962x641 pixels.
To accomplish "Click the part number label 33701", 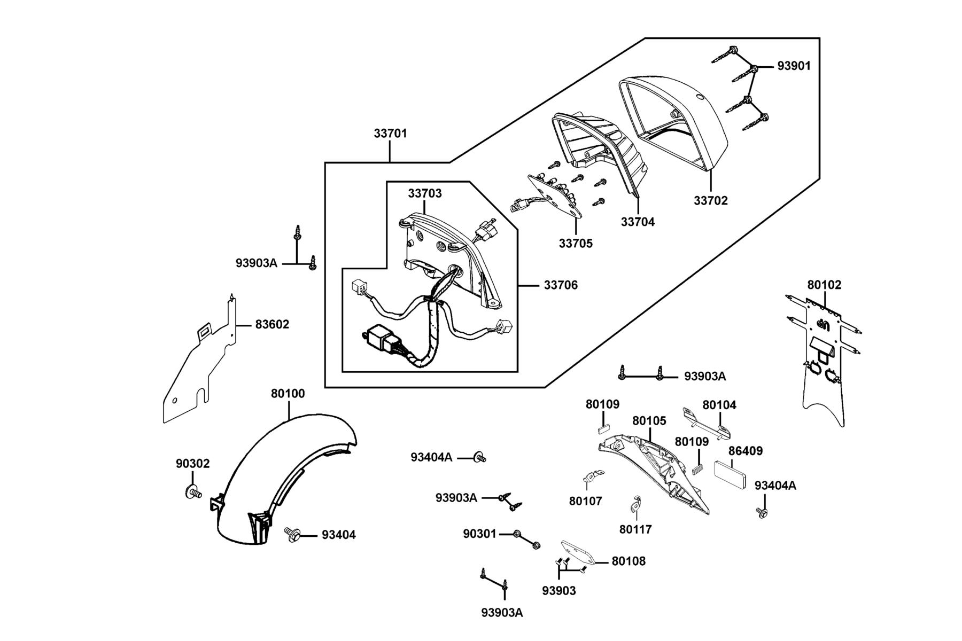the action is pyautogui.click(x=390, y=134).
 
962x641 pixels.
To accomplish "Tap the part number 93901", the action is pyautogui.click(x=794, y=66).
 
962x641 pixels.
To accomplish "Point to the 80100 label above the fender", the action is pyautogui.click(x=288, y=394).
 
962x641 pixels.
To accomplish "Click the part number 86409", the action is pyautogui.click(x=746, y=451).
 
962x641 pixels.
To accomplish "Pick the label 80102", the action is pyautogui.click(x=824, y=285).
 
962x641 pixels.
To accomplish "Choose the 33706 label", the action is pyautogui.click(x=561, y=285).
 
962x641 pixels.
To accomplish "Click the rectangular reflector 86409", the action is pyautogui.click(x=731, y=474).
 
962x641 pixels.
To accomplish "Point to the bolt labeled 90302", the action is pyautogui.click(x=193, y=491).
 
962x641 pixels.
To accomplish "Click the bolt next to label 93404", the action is pyautogui.click(x=292, y=533).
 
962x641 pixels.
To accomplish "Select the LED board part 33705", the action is pyautogui.click(x=556, y=196).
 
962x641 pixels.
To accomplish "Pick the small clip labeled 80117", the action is pyautogui.click(x=635, y=503).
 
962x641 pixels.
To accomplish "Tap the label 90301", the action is pyautogui.click(x=480, y=534).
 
